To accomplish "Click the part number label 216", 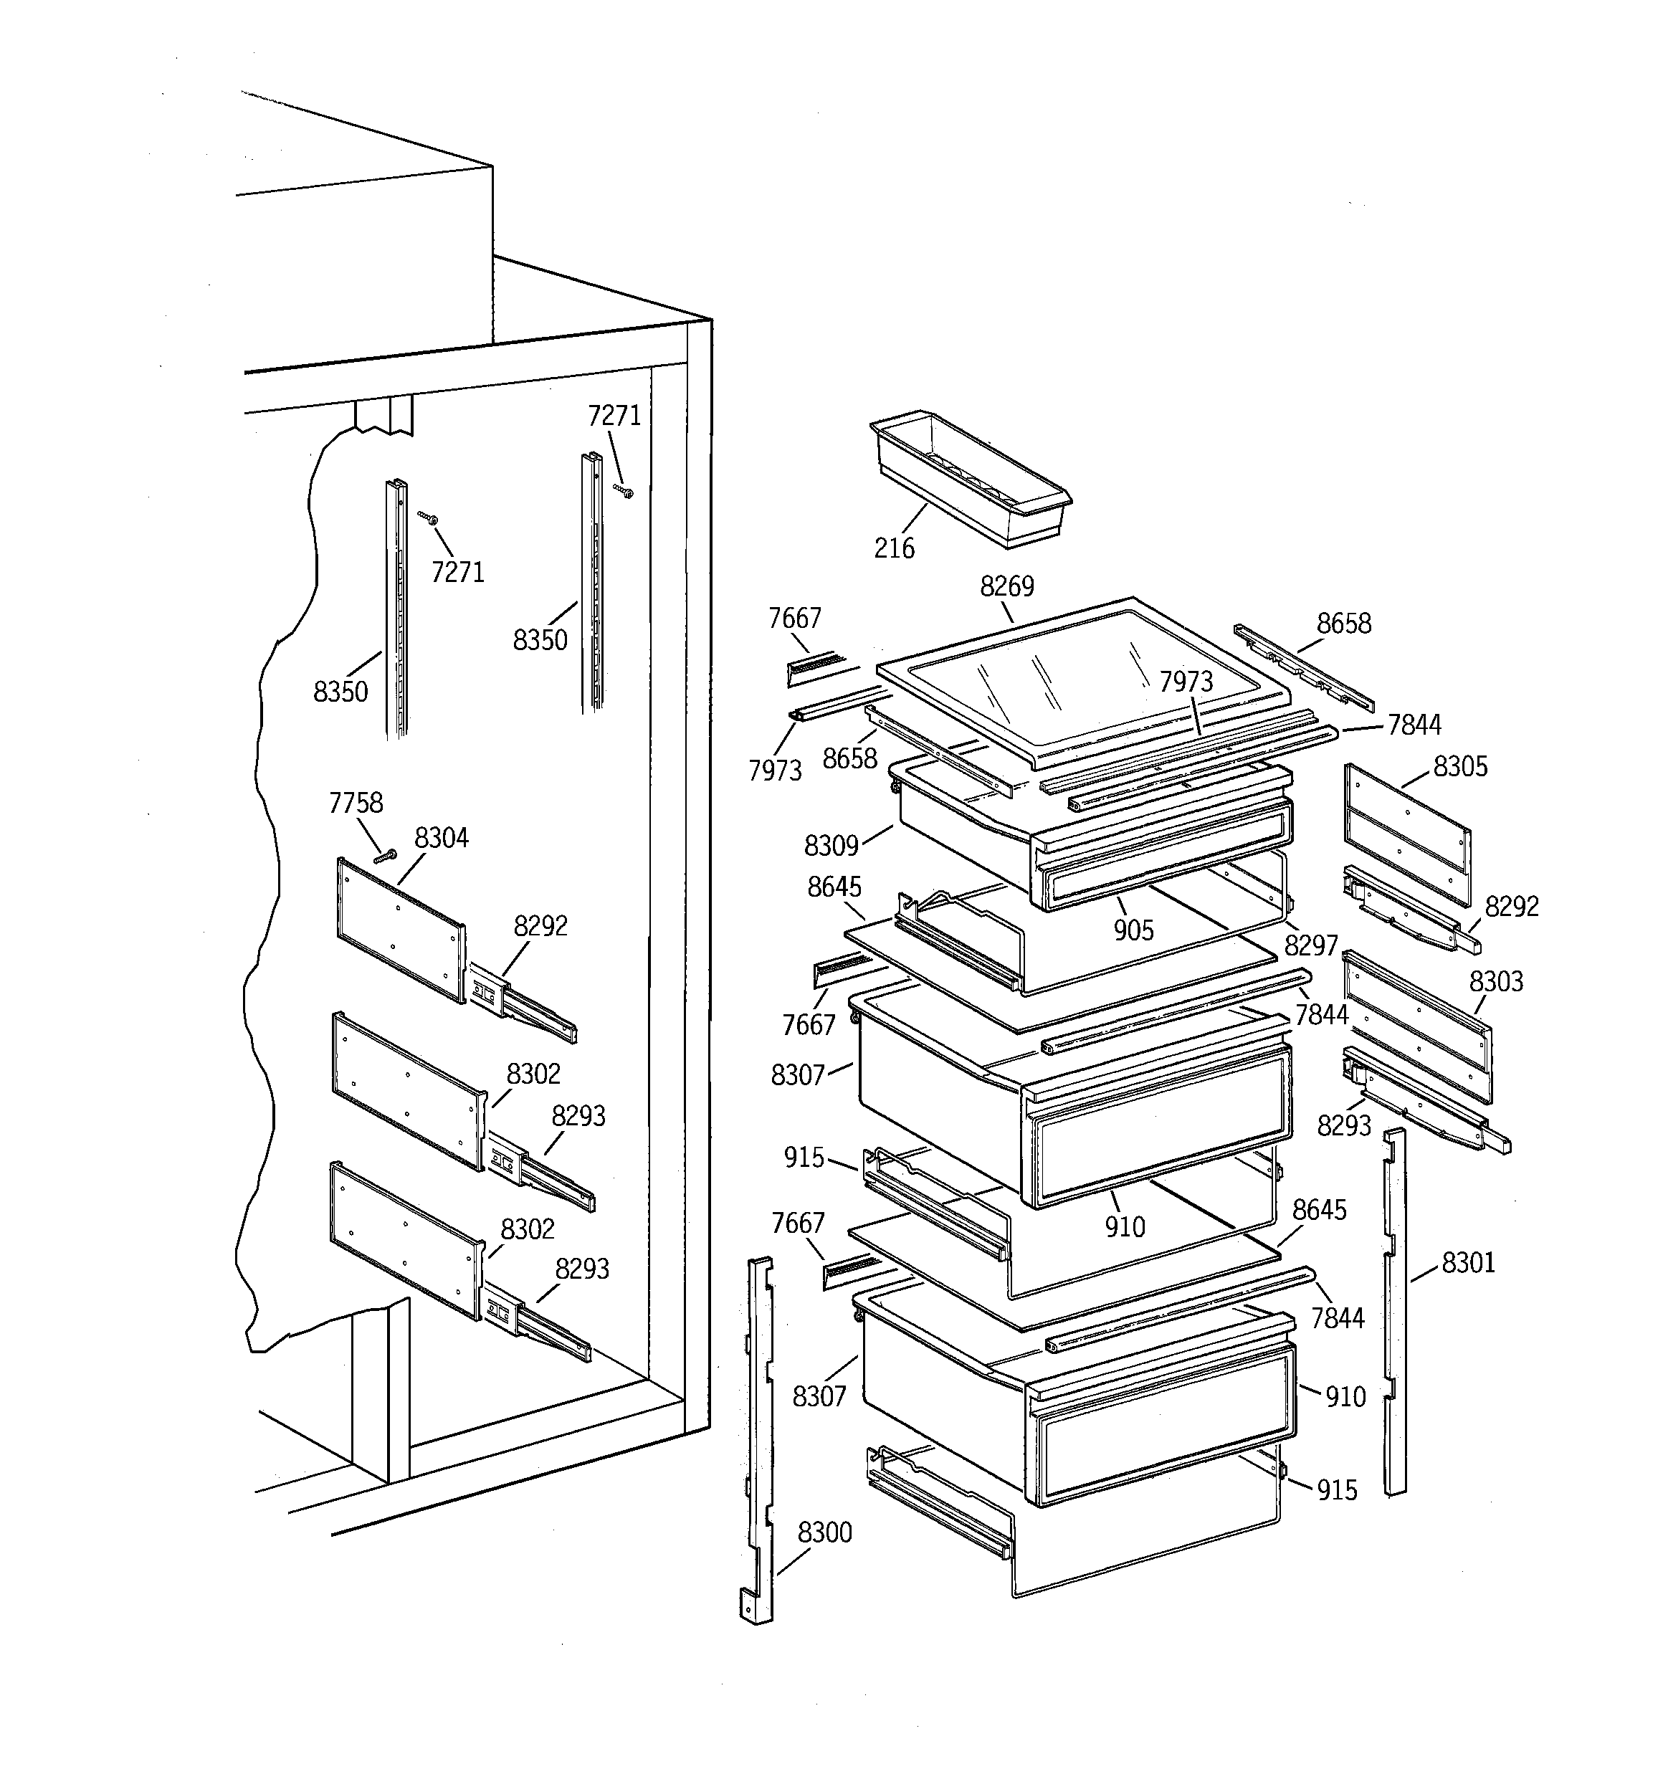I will click(894, 548).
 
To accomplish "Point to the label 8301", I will click(1467, 1263).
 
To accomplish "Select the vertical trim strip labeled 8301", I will click(1394, 1312).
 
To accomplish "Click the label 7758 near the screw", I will click(356, 803).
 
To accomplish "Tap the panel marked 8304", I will click(400, 928).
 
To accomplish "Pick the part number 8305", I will click(1460, 766).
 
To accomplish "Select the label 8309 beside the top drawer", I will click(830, 845).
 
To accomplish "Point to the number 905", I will click(1133, 930).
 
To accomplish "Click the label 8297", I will click(1310, 945).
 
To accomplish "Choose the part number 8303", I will click(1496, 981).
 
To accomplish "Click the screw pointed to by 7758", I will click(386, 857).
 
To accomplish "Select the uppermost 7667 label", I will click(794, 619).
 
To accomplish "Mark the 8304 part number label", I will click(441, 838).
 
